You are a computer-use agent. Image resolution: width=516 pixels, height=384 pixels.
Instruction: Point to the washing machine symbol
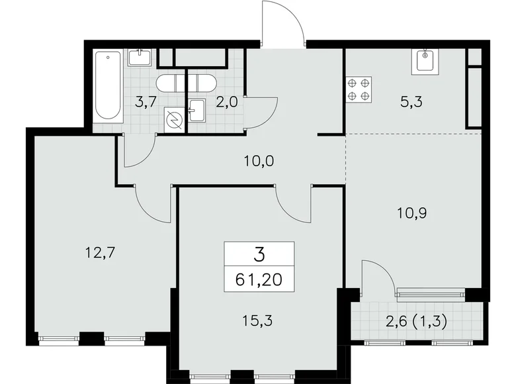tap(175, 121)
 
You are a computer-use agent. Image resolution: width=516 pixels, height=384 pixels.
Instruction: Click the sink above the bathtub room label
tap(140, 58)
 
